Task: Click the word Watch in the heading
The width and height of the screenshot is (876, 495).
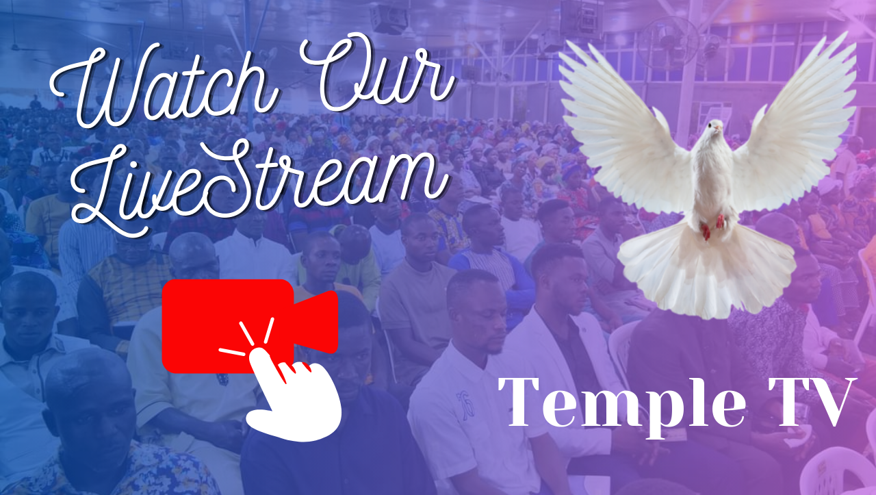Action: pos(164,86)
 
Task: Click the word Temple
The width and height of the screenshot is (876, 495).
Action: pos(622,403)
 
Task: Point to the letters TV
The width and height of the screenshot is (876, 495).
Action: pos(812,403)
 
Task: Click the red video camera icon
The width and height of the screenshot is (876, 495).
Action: pos(250,326)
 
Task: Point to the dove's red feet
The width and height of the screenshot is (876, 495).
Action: pos(712,227)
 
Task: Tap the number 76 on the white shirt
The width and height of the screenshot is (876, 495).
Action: pos(465,405)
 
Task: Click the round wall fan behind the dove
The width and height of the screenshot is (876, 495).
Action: pos(668,43)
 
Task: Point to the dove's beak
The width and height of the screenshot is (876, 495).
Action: pos(718,127)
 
